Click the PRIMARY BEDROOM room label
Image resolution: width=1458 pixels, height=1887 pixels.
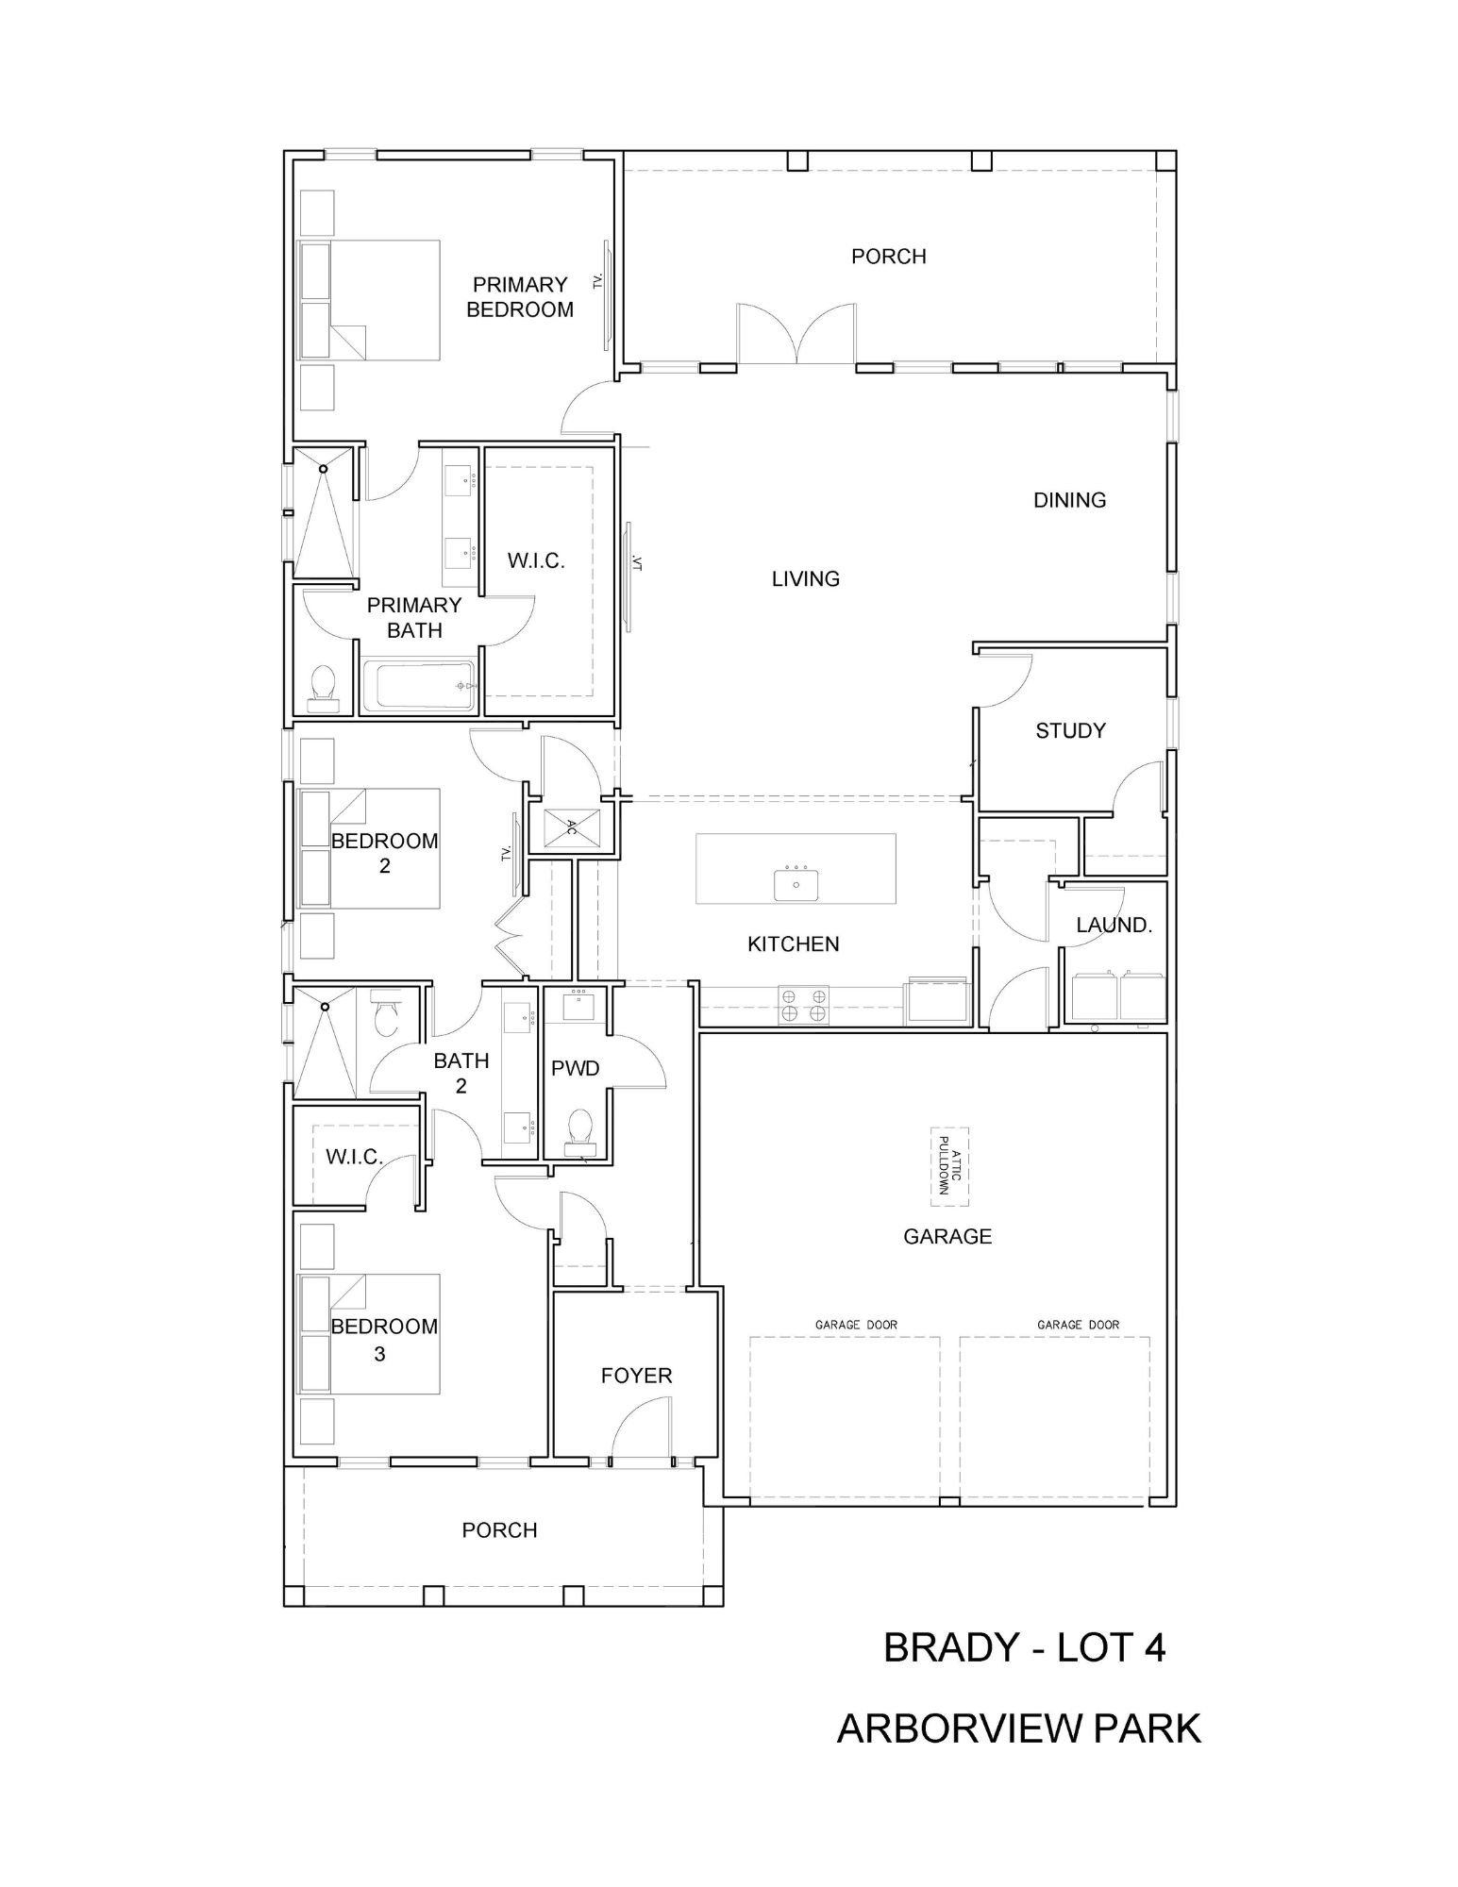pos(520,297)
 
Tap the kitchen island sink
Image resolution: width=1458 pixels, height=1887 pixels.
pos(796,884)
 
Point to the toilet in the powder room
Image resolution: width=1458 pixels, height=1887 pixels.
pos(578,1131)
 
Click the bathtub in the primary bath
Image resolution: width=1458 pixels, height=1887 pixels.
pos(418,684)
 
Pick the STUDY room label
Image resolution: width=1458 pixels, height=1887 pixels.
pos(1070,730)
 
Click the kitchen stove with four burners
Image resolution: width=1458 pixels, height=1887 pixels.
pos(803,1005)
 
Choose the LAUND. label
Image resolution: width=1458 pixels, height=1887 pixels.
pos(1114,925)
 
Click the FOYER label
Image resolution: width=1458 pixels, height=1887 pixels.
pos(636,1376)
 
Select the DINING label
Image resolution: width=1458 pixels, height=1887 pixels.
pos(1069,500)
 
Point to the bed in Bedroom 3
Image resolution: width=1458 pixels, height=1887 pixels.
pos(370,1334)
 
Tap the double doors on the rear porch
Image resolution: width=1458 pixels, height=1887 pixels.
pos(797,333)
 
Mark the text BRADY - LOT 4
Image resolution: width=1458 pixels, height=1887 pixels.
pos(1024,1647)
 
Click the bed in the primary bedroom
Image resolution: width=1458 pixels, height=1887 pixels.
pos(370,299)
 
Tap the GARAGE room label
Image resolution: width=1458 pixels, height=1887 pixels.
pos(947,1236)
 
